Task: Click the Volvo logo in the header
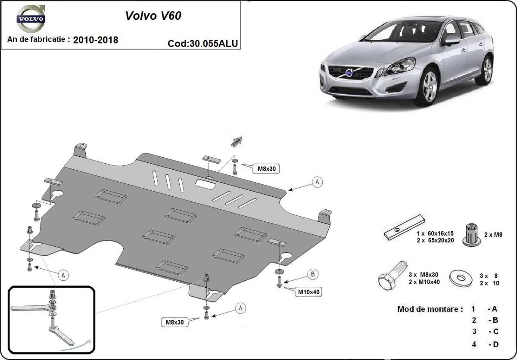point(30,19)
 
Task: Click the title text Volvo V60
point(153,16)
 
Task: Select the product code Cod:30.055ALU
point(203,43)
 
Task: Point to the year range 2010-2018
point(96,40)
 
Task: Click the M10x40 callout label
point(308,292)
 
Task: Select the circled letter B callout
point(313,274)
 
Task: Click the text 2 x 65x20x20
point(435,240)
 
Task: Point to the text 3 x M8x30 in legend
point(424,275)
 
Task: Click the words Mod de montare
point(430,309)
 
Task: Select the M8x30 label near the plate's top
point(266,169)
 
